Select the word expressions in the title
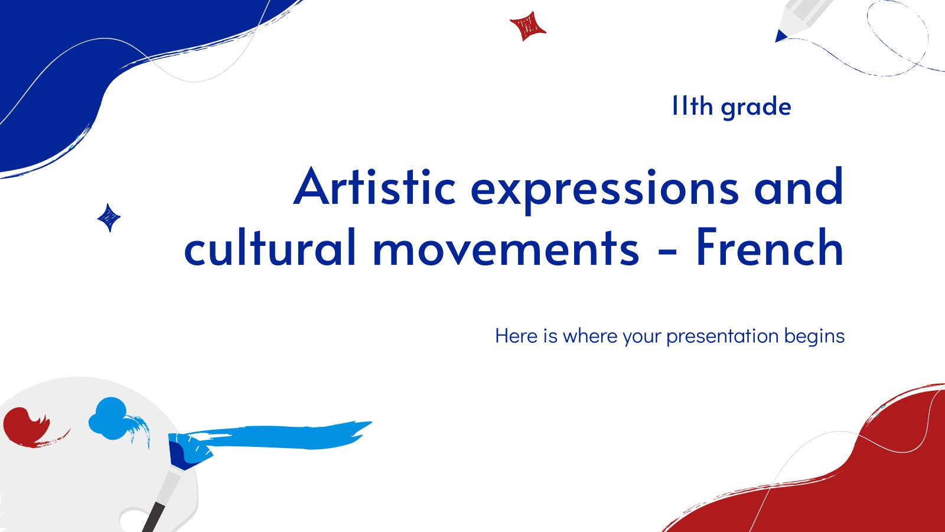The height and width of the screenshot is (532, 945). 605,190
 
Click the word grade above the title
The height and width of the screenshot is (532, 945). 756,107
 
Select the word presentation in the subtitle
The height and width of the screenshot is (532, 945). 722,336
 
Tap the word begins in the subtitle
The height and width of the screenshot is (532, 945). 814,337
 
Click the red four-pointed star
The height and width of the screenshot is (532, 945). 527,26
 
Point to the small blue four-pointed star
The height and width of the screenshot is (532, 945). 109,218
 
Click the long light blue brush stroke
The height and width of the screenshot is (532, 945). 278,435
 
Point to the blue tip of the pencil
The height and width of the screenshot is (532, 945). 780,36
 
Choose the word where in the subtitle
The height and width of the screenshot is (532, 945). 590,336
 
